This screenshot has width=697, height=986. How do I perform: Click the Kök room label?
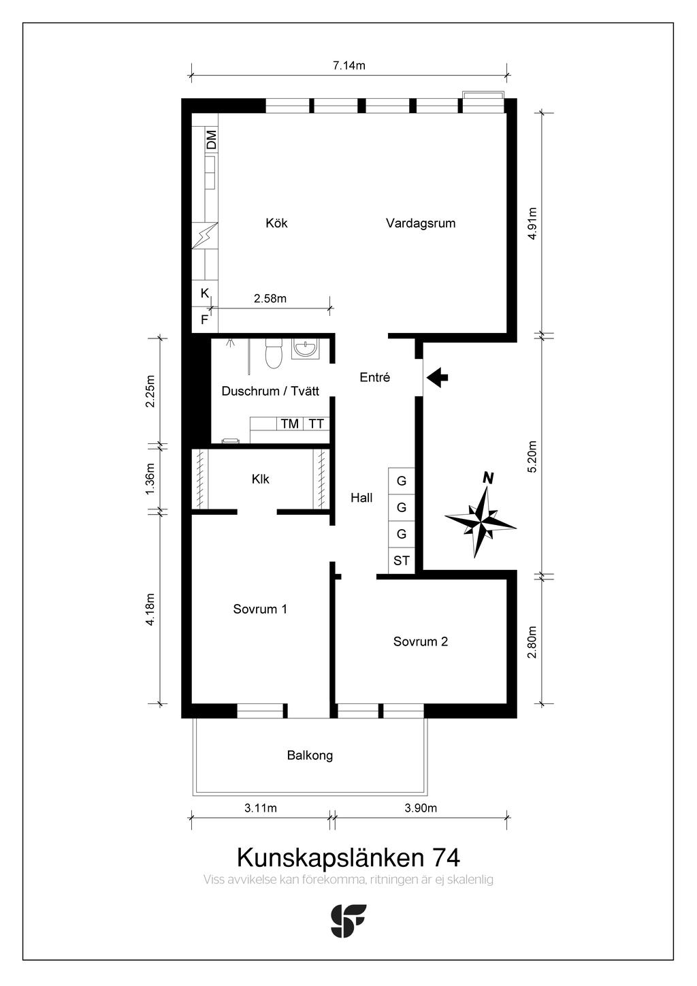pyautogui.click(x=276, y=223)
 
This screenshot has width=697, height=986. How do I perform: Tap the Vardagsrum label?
pyautogui.click(x=421, y=223)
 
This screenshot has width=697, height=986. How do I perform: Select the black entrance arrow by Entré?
pyautogui.click(x=438, y=377)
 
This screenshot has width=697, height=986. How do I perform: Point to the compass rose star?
pyautogui.click(x=481, y=520)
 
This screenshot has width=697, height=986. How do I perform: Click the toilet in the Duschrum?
pyautogui.click(x=273, y=353)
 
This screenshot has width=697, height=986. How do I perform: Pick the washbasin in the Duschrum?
pyautogui.click(x=306, y=349)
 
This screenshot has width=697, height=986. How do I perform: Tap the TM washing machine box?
pyautogui.click(x=289, y=424)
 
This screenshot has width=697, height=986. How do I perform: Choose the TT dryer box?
pyautogui.click(x=316, y=424)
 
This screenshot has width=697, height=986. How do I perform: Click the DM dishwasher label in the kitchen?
pyautogui.click(x=212, y=139)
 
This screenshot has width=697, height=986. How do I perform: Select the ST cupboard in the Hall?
pyautogui.click(x=402, y=560)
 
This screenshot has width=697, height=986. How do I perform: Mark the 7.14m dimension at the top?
pyautogui.click(x=349, y=65)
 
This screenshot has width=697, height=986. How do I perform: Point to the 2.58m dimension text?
pyautogui.click(x=270, y=298)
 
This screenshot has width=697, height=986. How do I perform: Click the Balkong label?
pyautogui.click(x=310, y=755)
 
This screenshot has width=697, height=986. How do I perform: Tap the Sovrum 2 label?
pyautogui.click(x=421, y=641)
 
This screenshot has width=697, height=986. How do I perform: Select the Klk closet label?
pyautogui.click(x=261, y=479)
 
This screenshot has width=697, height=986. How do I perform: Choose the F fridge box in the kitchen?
pyautogui.click(x=205, y=319)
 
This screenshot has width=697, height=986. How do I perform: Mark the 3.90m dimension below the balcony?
pyautogui.click(x=421, y=808)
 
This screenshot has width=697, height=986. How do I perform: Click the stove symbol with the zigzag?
pyautogui.click(x=205, y=236)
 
